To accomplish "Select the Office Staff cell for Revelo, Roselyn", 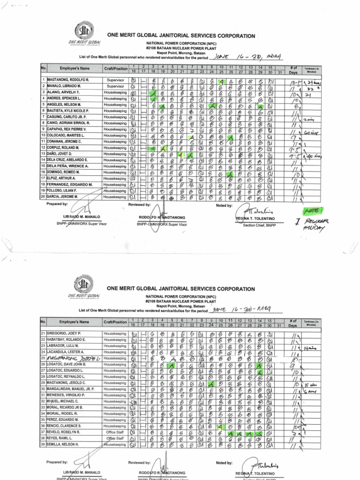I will click(x=115, y=432).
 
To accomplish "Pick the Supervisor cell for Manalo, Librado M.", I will click(x=115, y=86).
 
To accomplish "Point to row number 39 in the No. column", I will click(x=43, y=444).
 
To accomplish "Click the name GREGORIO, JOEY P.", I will click(x=64, y=333).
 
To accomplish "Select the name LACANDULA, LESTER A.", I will click(x=66, y=352).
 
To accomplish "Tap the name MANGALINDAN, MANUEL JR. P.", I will click(x=70, y=389).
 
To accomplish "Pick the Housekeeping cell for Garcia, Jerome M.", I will click(x=115, y=197).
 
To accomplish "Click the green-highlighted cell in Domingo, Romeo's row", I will click(x=230, y=172).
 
